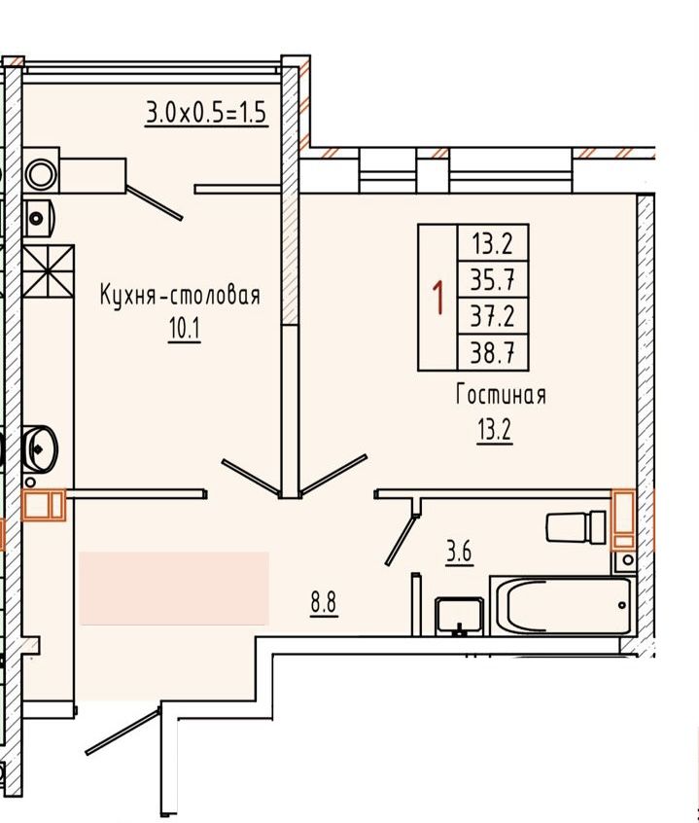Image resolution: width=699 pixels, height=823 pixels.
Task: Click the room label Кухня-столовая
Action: (x=180, y=295)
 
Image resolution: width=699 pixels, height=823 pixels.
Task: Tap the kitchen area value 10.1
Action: (x=184, y=329)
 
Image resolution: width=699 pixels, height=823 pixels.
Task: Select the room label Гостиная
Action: (x=500, y=395)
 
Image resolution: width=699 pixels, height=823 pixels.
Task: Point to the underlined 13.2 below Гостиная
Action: (x=495, y=429)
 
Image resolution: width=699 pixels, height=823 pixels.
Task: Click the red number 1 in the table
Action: (x=438, y=296)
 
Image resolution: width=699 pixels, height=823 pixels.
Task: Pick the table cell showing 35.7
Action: (x=492, y=280)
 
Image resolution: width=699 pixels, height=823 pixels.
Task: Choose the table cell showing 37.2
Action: (x=492, y=316)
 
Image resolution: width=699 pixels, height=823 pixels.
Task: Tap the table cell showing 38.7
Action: (x=492, y=352)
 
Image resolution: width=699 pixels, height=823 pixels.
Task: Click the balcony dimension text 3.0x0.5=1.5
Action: (x=206, y=113)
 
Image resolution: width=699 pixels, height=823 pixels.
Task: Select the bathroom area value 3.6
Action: (x=459, y=553)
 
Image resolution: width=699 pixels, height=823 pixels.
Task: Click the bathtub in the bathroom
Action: (x=562, y=605)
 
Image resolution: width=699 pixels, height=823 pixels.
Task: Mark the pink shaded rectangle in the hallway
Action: (x=173, y=588)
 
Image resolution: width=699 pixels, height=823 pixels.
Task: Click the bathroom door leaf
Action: (x=401, y=531)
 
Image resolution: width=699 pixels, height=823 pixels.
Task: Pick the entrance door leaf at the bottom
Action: (x=122, y=731)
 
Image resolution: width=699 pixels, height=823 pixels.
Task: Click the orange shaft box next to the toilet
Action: (x=622, y=519)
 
